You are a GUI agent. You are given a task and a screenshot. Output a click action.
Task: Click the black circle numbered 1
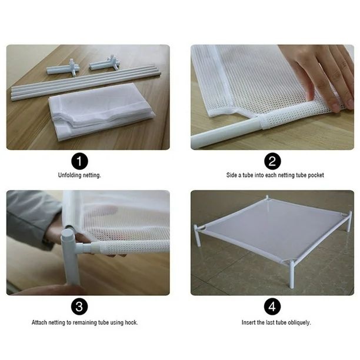click(79, 161)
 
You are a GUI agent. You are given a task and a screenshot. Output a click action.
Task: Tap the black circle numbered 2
click(272, 161)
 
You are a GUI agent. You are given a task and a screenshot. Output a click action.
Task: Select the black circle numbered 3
click(79, 306)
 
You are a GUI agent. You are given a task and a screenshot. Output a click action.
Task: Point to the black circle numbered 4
click(272, 306)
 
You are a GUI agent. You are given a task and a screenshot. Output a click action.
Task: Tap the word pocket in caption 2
click(316, 175)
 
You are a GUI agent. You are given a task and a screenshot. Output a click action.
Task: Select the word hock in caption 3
click(131, 322)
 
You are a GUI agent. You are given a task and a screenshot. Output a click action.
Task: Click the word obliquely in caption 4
click(299, 323)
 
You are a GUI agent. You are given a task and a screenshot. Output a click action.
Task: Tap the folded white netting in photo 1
click(101, 112)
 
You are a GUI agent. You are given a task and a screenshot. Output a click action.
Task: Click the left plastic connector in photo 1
click(63, 68)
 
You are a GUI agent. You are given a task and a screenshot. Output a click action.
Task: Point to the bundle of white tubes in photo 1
click(85, 83)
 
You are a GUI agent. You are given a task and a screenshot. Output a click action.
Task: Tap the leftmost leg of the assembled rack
click(198, 236)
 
